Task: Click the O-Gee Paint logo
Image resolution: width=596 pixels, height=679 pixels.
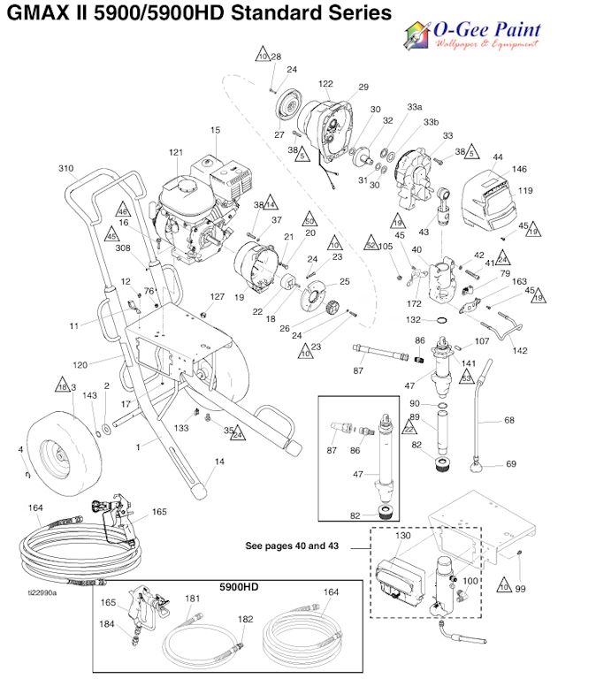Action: [x=471, y=35]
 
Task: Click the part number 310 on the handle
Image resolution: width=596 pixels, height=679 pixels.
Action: [x=65, y=168]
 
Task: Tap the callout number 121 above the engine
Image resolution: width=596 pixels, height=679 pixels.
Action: [x=175, y=152]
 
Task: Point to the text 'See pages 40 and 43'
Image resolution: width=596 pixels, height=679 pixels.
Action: [x=291, y=545]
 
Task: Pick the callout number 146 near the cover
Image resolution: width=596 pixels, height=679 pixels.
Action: [x=519, y=169]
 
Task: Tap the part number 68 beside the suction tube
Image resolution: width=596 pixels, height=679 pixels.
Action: [x=508, y=420]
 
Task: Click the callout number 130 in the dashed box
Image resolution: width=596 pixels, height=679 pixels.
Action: [x=402, y=537]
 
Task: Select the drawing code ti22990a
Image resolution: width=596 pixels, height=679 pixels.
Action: [x=42, y=593]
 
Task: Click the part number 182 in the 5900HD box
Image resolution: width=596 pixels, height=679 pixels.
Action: [x=245, y=619]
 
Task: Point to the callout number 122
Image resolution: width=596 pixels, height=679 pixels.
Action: [x=325, y=84]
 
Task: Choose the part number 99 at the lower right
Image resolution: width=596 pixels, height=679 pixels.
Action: [x=521, y=589]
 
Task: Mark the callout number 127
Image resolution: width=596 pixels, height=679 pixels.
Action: [x=218, y=297]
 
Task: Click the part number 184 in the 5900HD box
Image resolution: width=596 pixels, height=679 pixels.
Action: [x=107, y=625]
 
